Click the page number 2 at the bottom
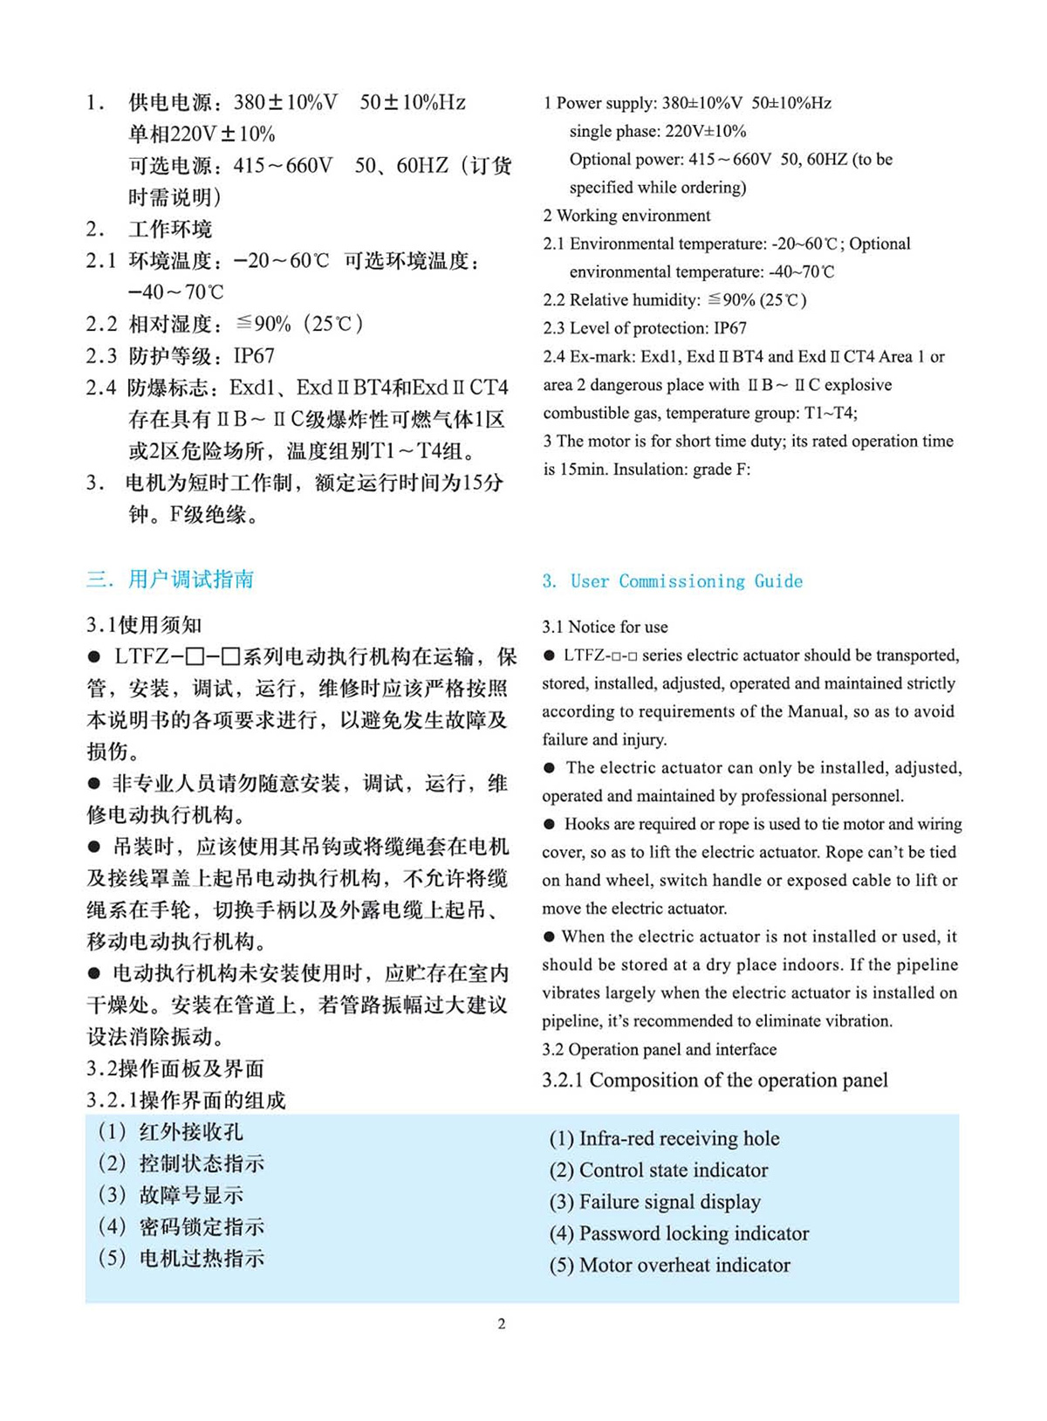click(x=502, y=1324)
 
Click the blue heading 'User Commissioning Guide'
click(x=686, y=581)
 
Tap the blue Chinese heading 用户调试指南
click(x=191, y=580)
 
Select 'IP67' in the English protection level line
click(x=730, y=328)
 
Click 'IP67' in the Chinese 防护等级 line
click(x=254, y=356)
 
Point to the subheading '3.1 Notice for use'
click(x=605, y=627)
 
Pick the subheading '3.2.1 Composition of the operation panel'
click(x=715, y=1081)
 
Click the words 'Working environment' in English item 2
click(x=633, y=216)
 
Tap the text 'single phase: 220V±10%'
click(x=658, y=132)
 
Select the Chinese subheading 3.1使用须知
click(x=144, y=625)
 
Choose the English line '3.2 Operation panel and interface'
click(x=659, y=1049)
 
